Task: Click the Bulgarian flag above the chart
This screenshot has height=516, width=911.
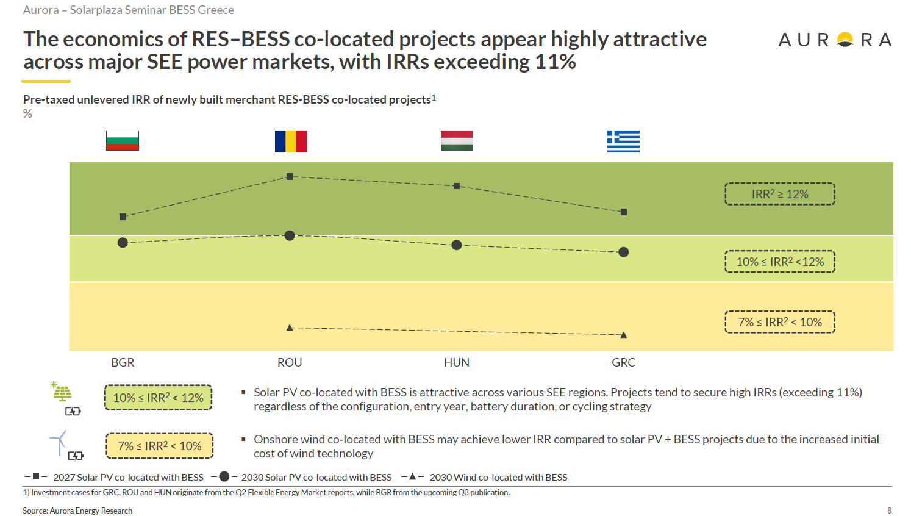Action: pos(123,141)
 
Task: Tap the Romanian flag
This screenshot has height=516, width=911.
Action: pos(291,142)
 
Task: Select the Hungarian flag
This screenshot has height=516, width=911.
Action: pos(457,141)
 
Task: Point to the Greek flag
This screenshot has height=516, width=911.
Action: pos(623,142)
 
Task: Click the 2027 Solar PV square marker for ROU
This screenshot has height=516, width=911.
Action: pos(290,177)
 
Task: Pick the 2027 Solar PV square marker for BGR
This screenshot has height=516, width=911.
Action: pos(123,217)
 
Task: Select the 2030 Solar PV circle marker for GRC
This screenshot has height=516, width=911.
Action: pos(623,253)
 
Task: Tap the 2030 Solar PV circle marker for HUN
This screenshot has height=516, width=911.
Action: pos(457,245)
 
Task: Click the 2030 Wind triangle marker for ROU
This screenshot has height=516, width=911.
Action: pos(290,328)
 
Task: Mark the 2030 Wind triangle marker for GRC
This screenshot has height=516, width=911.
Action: pos(624,335)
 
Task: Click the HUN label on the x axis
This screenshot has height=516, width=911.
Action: pos(456,362)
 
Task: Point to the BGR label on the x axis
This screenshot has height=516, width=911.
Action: pos(123,362)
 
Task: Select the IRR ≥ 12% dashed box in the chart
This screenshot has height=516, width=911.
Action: pos(780,194)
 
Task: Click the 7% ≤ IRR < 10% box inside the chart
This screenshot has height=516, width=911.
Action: pos(780,322)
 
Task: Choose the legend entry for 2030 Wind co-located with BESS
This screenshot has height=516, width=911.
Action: pos(484,477)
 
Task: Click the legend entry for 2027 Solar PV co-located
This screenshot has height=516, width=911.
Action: pos(114,477)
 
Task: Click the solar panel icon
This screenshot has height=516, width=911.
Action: pos(62,392)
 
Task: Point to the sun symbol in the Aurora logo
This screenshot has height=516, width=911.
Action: pos(845,40)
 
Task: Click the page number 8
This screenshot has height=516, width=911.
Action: pos(890,511)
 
